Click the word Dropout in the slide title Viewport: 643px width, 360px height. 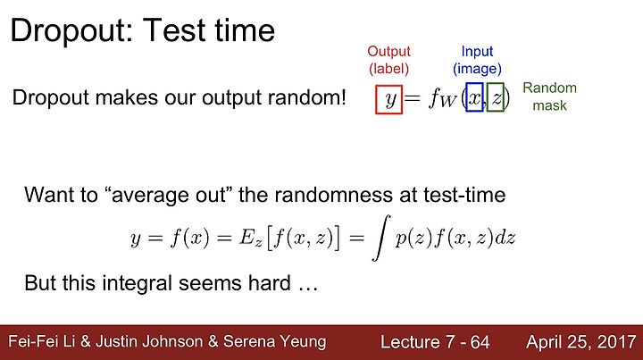71,31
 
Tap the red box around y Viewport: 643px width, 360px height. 376,99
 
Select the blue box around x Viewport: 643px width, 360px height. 466,97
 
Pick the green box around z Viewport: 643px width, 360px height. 488,97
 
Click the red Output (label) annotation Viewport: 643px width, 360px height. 388,60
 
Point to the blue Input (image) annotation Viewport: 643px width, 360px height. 477,60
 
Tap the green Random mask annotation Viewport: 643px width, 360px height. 549,96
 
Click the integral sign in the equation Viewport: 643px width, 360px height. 380,238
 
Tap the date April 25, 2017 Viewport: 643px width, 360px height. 581,342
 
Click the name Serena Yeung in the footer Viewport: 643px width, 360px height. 274,342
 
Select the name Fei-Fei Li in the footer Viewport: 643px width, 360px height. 41,341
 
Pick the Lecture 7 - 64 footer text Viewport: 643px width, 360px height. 435,342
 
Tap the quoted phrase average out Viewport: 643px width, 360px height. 168,195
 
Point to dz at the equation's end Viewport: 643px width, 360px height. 505,238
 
